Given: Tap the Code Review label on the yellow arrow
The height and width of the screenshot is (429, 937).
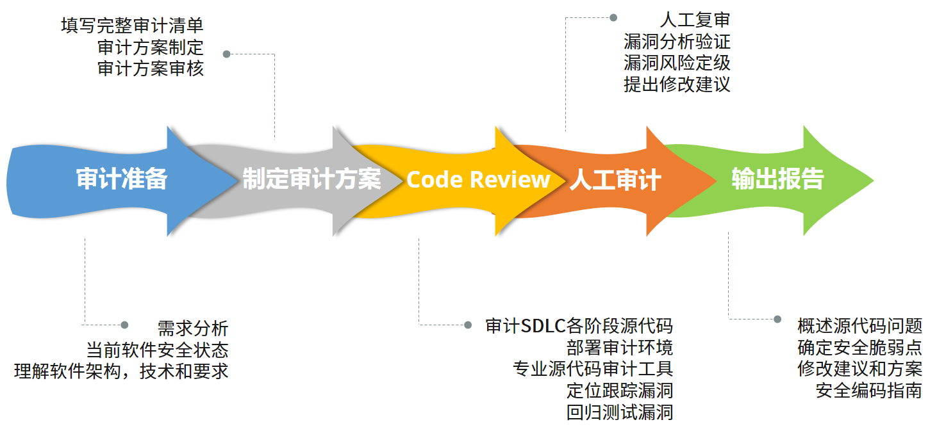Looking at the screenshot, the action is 478,180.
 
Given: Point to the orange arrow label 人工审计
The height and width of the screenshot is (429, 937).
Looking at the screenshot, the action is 615,180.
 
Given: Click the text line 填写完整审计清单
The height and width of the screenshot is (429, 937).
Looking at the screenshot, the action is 132,26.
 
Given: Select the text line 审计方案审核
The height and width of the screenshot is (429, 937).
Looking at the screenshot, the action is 151,69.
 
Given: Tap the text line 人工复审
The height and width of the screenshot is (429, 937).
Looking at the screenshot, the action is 695,20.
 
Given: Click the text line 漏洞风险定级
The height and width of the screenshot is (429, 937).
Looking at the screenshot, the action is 677,63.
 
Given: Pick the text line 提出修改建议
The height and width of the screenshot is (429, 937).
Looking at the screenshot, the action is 677,85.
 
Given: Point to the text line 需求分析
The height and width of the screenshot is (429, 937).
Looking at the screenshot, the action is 193,328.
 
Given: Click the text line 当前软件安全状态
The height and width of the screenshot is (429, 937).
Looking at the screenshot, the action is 157,350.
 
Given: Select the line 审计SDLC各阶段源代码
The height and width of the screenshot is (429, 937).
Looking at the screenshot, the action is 579,327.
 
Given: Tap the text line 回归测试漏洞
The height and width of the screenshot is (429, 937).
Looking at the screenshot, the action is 620,412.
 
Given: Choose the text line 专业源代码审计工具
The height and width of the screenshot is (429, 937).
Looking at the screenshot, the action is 593,369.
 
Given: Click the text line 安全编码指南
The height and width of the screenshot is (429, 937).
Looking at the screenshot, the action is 869,391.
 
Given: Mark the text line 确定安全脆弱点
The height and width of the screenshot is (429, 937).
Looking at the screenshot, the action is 859,348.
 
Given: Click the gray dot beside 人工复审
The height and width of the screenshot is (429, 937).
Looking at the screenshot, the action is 613,17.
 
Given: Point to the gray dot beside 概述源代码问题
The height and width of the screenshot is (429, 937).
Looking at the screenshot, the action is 777,319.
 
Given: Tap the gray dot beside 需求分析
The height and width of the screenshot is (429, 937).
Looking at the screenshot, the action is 124,325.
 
